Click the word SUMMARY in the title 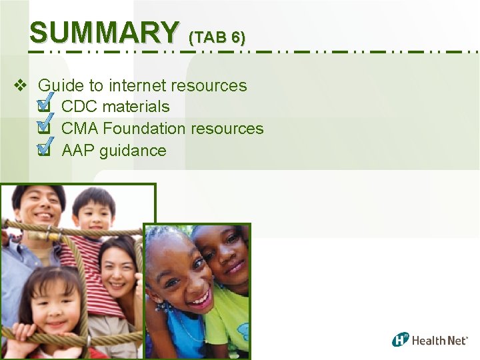[104, 31]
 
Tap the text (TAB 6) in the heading [217, 36]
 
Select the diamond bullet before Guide [20, 85]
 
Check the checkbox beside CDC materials [44, 106]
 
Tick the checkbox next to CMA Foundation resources [44, 128]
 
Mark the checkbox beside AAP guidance [44, 150]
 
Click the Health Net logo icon [400, 339]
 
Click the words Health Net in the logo [440, 341]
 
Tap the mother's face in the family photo [118, 264]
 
